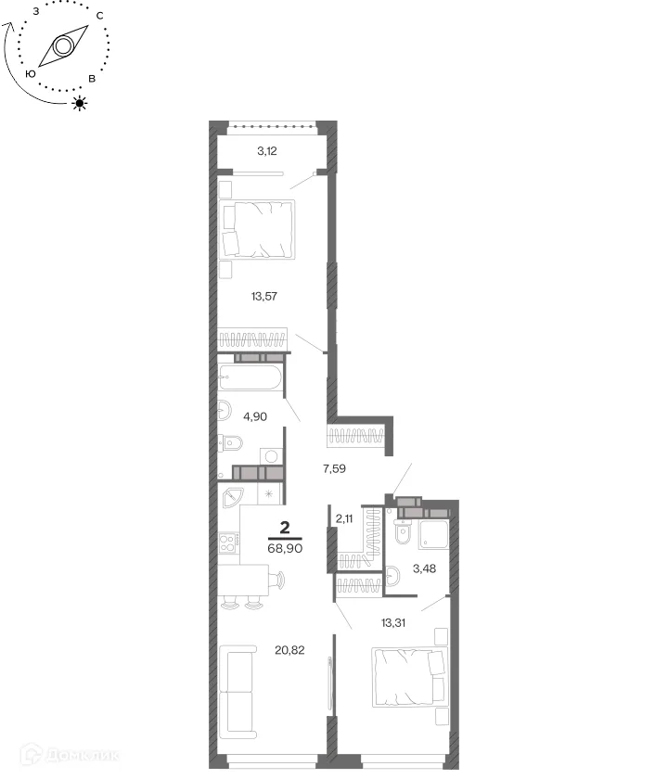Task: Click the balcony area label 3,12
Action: point(267,151)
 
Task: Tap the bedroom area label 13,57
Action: point(263,297)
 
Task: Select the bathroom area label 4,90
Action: point(255,416)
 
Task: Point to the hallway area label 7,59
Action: point(334,468)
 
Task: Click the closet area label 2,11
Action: point(344,519)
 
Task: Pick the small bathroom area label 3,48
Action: point(425,568)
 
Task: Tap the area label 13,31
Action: point(393,622)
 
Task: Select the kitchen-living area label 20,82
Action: point(289,650)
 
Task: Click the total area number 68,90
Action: point(286,548)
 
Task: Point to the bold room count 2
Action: point(285,527)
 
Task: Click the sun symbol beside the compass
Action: point(80,103)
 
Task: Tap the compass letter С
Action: point(100,16)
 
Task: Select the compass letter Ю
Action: point(31,73)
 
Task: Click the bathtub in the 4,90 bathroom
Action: point(250,377)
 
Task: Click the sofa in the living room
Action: point(238,692)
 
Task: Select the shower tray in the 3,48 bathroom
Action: point(433,534)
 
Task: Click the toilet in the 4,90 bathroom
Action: point(230,443)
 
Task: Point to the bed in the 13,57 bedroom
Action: point(257,229)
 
